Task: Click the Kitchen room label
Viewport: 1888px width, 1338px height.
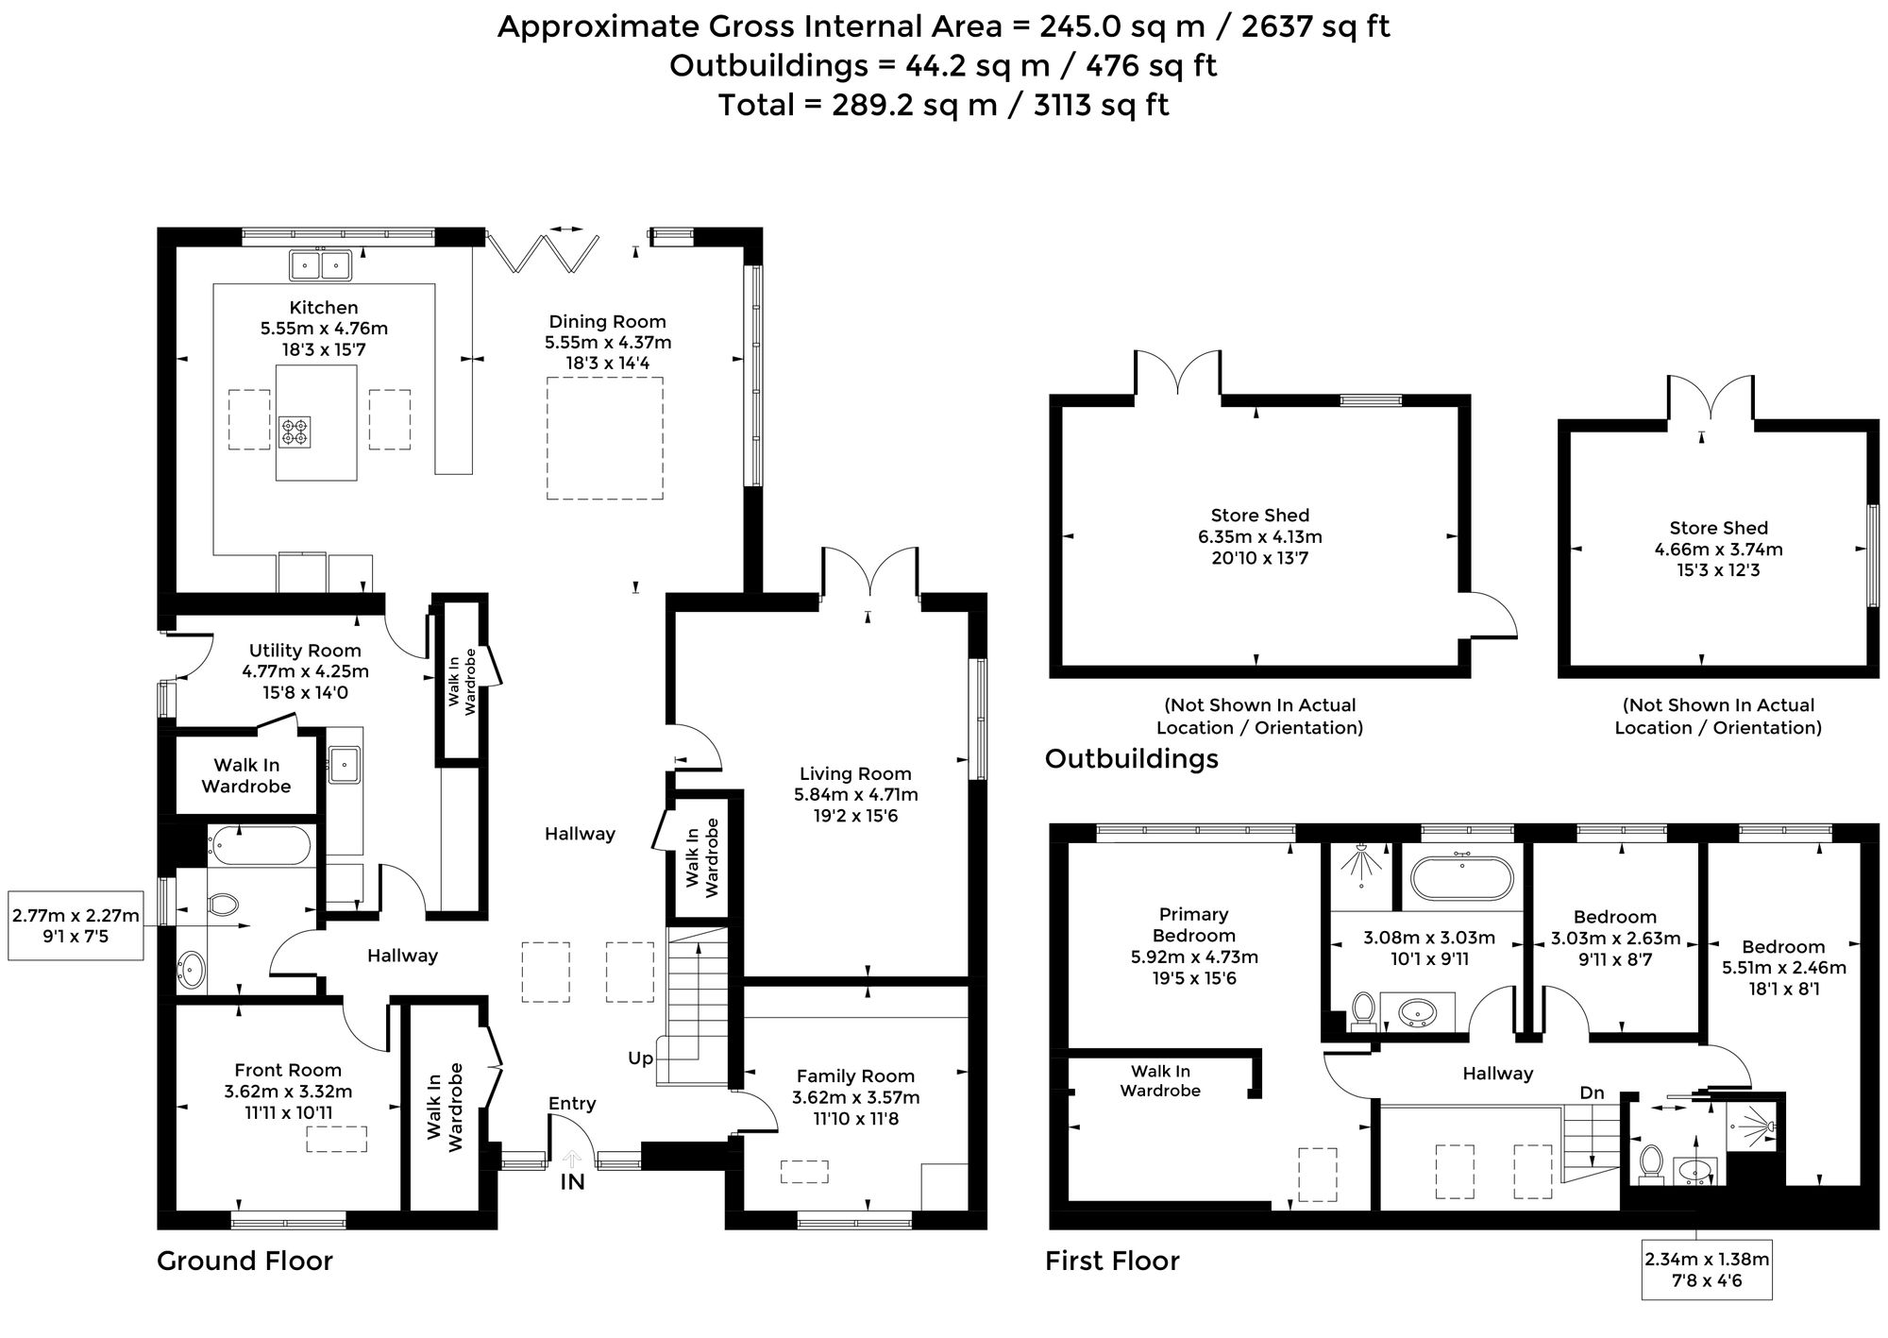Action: click(x=324, y=308)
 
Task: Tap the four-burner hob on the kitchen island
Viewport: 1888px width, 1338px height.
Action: click(x=294, y=432)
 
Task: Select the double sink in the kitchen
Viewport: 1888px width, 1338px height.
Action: click(x=321, y=264)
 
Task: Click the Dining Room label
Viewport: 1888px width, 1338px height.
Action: click(x=608, y=322)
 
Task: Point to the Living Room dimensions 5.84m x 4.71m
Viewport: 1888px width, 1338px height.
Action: click(x=856, y=795)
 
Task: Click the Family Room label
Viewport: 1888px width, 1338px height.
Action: click(x=855, y=1076)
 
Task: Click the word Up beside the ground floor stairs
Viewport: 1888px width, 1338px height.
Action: click(x=640, y=1059)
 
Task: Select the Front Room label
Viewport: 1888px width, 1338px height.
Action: click(x=288, y=1070)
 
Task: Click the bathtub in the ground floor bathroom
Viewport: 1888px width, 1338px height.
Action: click(x=259, y=846)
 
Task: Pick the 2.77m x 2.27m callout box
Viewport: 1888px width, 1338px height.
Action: click(x=76, y=925)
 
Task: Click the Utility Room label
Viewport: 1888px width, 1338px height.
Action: click(x=305, y=651)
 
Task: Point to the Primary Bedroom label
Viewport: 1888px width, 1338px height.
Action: click(x=1194, y=925)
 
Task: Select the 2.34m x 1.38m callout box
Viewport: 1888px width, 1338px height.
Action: click(x=1707, y=1269)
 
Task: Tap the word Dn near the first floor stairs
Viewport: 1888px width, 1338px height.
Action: click(x=1592, y=1093)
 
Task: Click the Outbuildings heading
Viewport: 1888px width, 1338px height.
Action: click(x=1132, y=759)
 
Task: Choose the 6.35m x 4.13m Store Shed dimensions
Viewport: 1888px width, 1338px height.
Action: click(x=1260, y=537)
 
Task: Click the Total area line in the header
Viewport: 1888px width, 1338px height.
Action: click(x=944, y=105)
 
